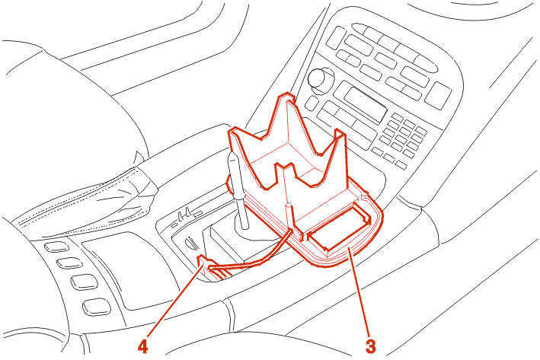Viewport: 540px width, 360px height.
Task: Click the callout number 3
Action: [371, 346]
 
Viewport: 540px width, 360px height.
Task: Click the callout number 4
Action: [142, 346]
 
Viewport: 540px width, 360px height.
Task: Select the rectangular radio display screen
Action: [365, 105]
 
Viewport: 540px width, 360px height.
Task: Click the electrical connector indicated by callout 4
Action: [206, 263]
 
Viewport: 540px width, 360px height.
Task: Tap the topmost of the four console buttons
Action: [57, 247]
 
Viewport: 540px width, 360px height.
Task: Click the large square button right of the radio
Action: [438, 95]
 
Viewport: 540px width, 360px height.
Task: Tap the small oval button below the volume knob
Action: [312, 103]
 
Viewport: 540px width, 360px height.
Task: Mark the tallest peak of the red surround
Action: [287, 95]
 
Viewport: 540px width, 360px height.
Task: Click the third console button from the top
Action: [84, 282]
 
